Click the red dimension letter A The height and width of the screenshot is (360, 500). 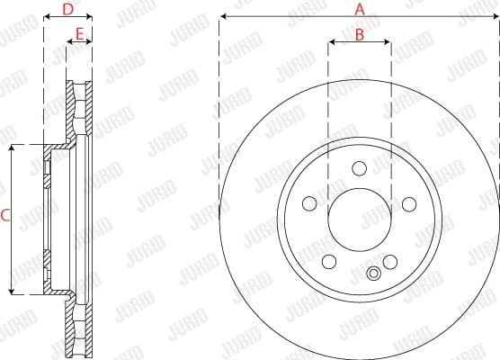(x=360, y=10)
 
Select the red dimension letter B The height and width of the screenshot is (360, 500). (x=360, y=35)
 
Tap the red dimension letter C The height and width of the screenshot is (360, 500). (x=5, y=216)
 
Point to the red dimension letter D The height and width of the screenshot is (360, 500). (x=67, y=10)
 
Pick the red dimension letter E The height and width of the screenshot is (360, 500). (x=80, y=35)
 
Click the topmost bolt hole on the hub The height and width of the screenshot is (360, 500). (x=360, y=167)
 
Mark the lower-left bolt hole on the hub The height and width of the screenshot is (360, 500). (x=328, y=262)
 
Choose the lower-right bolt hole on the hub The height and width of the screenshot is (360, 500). (x=390, y=262)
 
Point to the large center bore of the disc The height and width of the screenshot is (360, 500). (x=360, y=220)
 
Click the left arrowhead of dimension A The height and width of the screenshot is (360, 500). (x=222, y=17)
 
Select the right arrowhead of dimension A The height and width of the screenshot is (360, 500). (x=496, y=17)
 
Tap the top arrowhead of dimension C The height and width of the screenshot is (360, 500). (x=12, y=148)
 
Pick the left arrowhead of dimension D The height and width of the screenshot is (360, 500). (x=45, y=17)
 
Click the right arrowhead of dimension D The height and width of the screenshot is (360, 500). (x=91, y=17)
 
